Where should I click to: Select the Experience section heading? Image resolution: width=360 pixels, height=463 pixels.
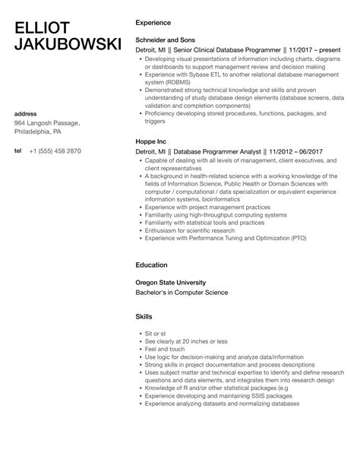(x=153, y=23)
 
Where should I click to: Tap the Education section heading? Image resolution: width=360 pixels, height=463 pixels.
(x=151, y=266)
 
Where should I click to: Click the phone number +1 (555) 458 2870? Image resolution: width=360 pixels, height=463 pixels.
(x=55, y=151)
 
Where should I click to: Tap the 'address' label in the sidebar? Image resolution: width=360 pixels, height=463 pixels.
(x=27, y=114)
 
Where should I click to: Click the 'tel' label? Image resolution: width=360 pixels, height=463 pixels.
(x=18, y=151)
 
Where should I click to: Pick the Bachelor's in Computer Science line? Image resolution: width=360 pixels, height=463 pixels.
(x=181, y=293)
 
